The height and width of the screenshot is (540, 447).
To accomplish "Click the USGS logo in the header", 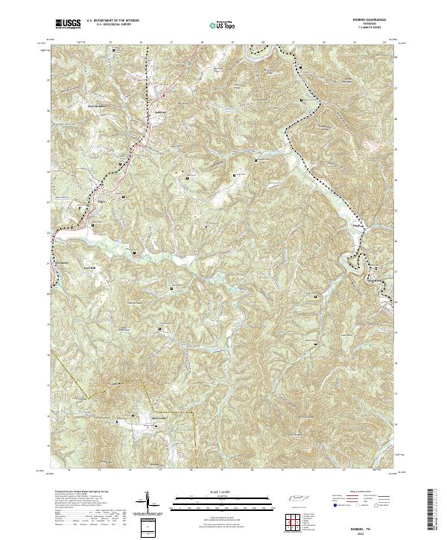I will pyautogui.click(x=68, y=25).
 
